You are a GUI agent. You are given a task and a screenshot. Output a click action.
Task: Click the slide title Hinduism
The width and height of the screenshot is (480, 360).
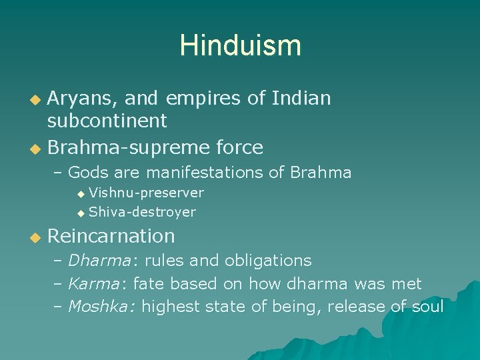[x=240, y=45]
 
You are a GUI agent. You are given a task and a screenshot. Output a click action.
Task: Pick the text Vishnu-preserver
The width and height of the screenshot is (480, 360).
[x=146, y=193]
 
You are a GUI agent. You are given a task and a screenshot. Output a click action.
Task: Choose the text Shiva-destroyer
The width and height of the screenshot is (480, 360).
[x=142, y=213]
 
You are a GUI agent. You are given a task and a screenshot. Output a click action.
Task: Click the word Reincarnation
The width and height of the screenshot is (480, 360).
[x=111, y=236]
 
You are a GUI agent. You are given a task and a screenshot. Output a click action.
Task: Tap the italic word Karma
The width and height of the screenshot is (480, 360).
[x=93, y=284]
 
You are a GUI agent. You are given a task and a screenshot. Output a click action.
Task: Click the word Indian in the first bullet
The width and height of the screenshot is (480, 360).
[x=301, y=99]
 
